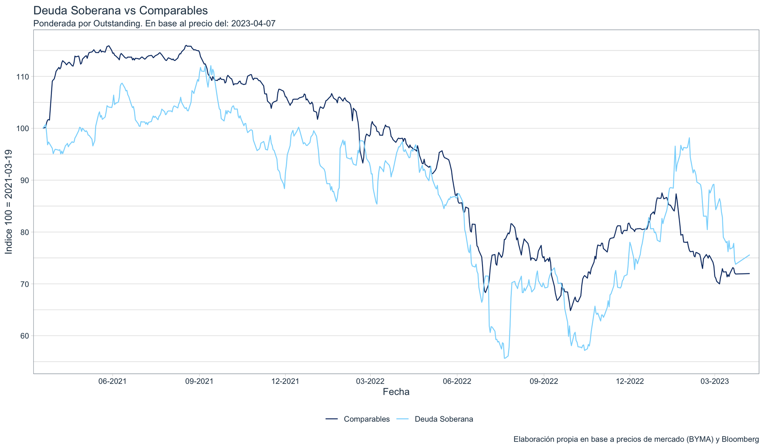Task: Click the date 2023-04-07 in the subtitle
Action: point(253,24)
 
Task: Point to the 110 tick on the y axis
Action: point(23,76)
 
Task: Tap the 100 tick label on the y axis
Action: point(23,128)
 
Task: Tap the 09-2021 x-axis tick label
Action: point(199,381)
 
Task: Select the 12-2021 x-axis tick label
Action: point(285,381)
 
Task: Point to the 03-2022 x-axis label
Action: point(370,381)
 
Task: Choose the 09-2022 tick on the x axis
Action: point(544,381)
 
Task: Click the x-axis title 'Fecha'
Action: point(396,392)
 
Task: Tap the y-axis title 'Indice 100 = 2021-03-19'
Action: point(9,201)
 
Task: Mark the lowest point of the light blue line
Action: point(505,358)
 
